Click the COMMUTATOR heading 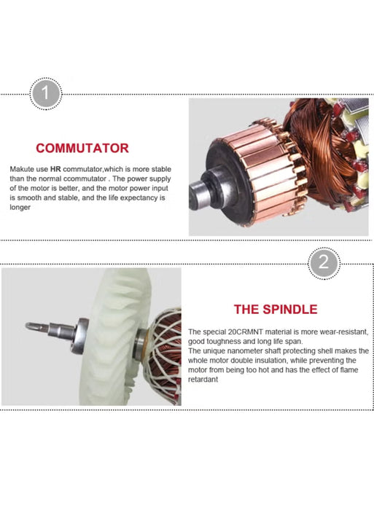click(82, 148)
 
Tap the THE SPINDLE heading click(276, 309)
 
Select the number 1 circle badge click(46, 94)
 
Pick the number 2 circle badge click(324, 262)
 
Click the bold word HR click(55, 169)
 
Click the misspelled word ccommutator click(85, 178)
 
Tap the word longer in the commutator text click(20, 208)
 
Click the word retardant click(203, 380)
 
